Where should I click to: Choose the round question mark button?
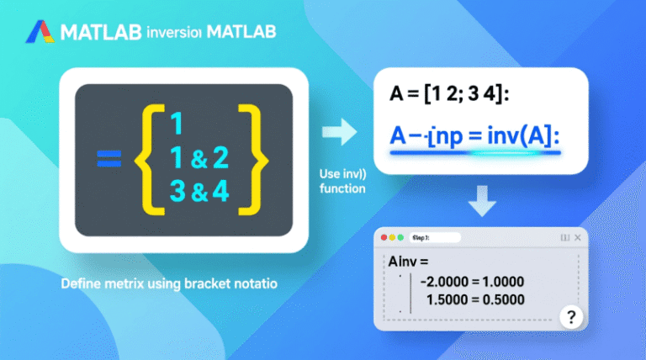[x=572, y=317]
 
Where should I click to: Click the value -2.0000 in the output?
[x=456, y=283]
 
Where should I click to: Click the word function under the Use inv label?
[x=342, y=188]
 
